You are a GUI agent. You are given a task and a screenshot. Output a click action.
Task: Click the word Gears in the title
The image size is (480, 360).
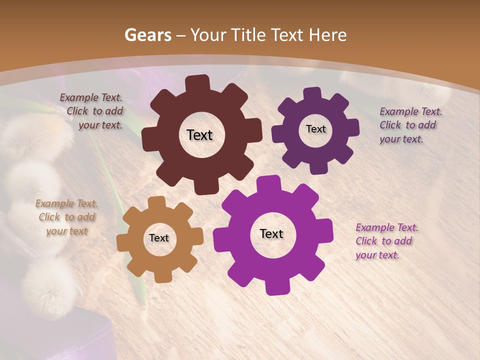(147, 35)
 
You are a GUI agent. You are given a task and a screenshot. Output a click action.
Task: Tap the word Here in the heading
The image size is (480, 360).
(327, 35)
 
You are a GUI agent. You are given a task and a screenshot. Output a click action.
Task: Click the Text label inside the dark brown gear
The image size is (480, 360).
(199, 135)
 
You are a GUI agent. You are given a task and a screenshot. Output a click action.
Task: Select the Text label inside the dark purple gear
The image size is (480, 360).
(315, 129)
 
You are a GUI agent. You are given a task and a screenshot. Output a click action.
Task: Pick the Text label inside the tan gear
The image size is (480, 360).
(159, 238)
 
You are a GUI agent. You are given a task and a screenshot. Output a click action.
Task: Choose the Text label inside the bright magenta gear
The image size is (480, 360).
(271, 233)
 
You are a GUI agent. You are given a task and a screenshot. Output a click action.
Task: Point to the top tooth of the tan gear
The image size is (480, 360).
(156, 202)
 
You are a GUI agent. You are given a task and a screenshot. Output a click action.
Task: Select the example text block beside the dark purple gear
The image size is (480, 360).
(410, 125)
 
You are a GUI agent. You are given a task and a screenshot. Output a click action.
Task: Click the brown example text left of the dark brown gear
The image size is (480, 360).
(93, 111)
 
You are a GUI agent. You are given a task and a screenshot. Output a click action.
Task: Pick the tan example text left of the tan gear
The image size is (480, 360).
(67, 217)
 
